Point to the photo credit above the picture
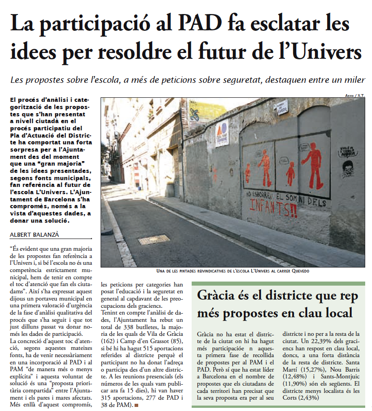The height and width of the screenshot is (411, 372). point(355,95)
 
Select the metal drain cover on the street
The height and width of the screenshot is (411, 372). point(154,239)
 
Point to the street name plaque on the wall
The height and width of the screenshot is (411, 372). point(281,107)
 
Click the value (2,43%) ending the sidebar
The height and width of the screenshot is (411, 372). point(308,397)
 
